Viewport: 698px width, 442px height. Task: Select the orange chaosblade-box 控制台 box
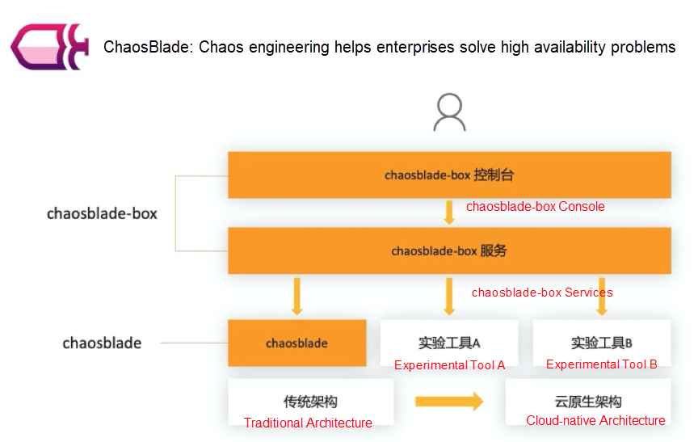pyautogui.click(x=449, y=175)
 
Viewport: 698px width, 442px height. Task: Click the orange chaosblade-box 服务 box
pyautogui.click(x=449, y=250)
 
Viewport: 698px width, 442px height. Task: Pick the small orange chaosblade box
pyautogui.click(x=296, y=343)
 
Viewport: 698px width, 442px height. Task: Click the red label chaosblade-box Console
pyautogui.click(x=535, y=207)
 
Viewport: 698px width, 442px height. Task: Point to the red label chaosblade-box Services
pyautogui.click(x=542, y=293)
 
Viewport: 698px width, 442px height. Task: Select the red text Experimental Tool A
pyautogui.click(x=449, y=365)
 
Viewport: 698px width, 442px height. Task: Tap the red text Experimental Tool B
pyautogui.click(x=601, y=364)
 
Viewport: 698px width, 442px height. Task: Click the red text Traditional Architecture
pyautogui.click(x=308, y=423)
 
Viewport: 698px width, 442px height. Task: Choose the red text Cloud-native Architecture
pyautogui.click(x=595, y=420)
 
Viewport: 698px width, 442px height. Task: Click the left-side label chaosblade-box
pyautogui.click(x=102, y=214)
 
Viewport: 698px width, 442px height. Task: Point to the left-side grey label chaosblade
pyautogui.click(x=102, y=343)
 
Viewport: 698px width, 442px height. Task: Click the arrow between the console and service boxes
pyautogui.click(x=449, y=213)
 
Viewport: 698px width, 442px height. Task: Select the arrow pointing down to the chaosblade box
pyautogui.click(x=296, y=296)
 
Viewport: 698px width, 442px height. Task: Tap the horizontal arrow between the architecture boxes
pyautogui.click(x=448, y=402)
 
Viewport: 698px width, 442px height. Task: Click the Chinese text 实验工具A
pyautogui.click(x=449, y=343)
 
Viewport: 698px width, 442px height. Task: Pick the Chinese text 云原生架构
pyautogui.click(x=589, y=402)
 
